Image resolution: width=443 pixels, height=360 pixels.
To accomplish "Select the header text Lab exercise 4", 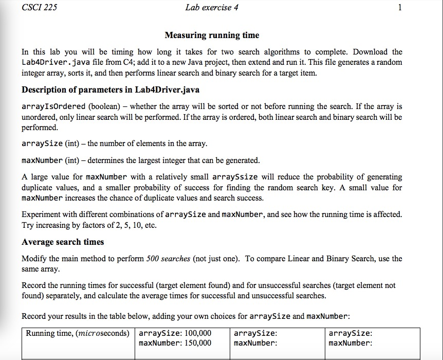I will [x=212, y=7].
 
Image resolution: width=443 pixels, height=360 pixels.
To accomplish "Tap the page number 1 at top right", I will [x=400, y=7].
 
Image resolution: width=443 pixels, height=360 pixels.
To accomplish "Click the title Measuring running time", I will [x=212, y=35].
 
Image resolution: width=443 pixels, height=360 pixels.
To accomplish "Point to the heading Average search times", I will [x=63, y=242].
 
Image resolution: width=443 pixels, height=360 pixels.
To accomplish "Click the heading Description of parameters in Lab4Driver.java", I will [x=110, y=89].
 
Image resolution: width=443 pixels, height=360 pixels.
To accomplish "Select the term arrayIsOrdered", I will [x=53, y=106].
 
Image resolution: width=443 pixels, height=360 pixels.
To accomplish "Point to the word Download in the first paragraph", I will [x=355, y=52].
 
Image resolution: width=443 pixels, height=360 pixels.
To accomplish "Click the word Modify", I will [x=34, y=259].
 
